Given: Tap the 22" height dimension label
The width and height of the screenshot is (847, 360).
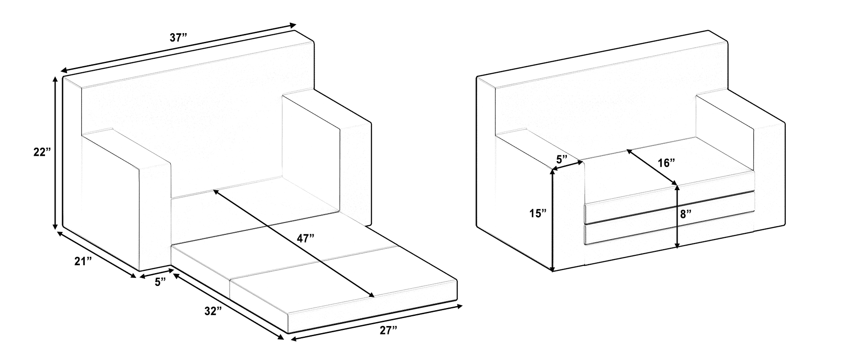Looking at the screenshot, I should point(42,153).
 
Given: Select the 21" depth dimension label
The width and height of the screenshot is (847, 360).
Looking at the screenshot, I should point(83,261).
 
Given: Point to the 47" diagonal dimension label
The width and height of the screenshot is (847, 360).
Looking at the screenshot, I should point(305,239).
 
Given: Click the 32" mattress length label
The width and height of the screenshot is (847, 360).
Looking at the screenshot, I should point(213,311).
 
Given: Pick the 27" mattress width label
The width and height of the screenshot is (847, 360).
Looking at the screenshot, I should point(389,330).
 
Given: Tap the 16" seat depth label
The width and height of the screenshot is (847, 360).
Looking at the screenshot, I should point(667,163).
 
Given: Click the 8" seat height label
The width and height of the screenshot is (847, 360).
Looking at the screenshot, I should point(686,214).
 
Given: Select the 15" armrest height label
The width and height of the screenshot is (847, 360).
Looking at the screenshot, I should point(538,214).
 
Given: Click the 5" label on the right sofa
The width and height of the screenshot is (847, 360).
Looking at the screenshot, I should point(561,159).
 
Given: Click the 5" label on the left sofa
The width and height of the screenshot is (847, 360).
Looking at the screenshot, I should point(160,281).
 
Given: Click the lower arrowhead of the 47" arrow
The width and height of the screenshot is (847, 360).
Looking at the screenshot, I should point(372,295).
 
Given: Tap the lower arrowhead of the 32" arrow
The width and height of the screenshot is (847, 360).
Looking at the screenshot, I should point(281,337).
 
